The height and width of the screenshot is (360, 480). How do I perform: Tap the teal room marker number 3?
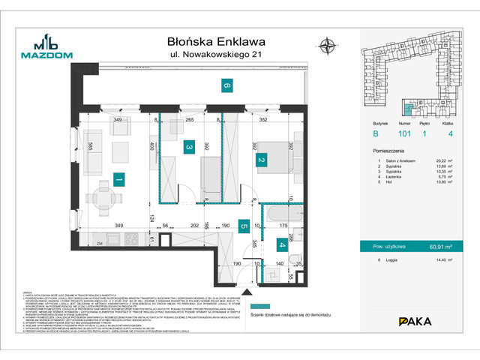coord(190,148)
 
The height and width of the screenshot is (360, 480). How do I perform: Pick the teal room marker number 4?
coord(281,244)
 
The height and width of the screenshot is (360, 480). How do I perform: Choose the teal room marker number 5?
coord(244,223)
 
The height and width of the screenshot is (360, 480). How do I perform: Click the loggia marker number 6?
coord(226,86)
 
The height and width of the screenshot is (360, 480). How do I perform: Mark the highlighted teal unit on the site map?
coord(411,106)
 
